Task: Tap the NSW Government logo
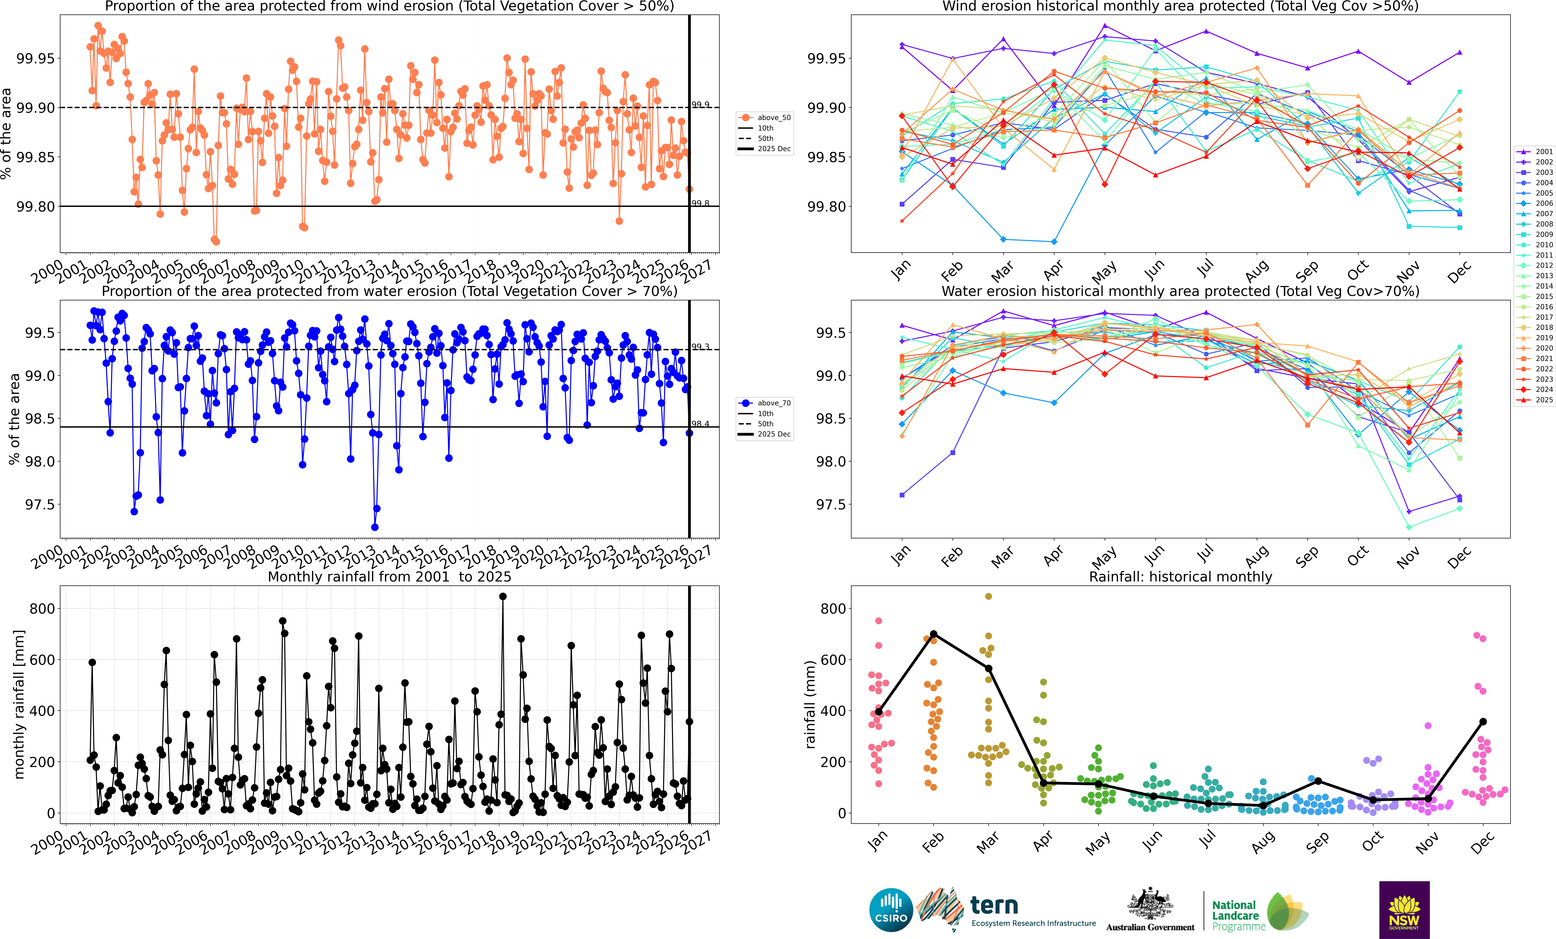point(1404,910)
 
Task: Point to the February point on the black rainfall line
point(933,634)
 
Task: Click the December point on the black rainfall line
point(1483,721)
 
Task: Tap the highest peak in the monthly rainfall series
point(503,596)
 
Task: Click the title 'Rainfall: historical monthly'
point(1180,577)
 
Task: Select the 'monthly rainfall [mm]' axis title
point(19,704)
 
